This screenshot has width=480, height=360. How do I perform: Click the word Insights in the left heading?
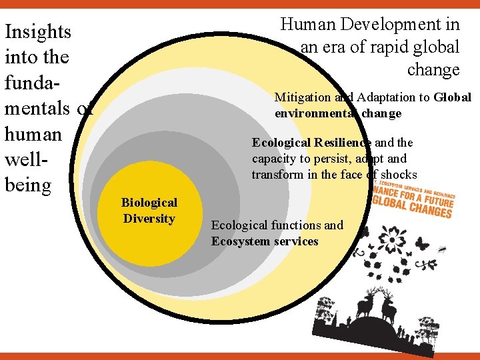tap(37, 32)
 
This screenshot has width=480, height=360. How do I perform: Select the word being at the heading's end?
tap(28, 184)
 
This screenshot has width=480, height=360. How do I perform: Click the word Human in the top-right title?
tap(308, 25)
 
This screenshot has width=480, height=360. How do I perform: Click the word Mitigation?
tap(303, 97)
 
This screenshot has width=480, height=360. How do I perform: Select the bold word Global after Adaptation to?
tap(452, 97)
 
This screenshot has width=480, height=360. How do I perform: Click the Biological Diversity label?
tap(149, 211)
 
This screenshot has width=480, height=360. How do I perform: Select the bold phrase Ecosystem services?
tap(265, 241)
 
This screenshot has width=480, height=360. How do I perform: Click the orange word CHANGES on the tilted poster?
tap(427, 211)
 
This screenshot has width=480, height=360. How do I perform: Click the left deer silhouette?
tap(365, 306)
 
